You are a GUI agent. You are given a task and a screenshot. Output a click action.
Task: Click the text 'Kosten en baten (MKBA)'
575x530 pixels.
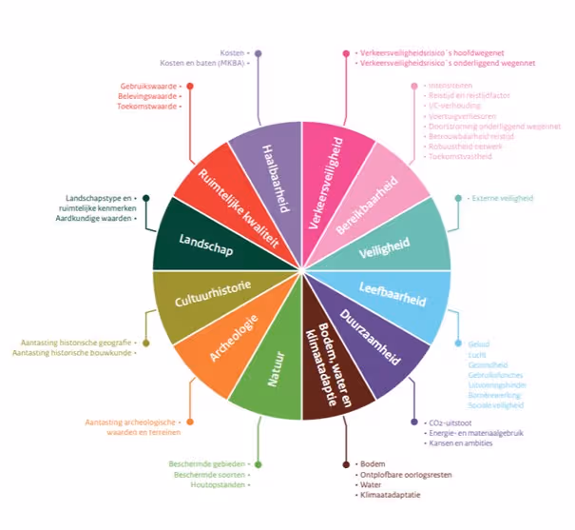202,64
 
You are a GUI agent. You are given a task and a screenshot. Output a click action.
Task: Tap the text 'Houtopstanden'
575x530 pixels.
220,484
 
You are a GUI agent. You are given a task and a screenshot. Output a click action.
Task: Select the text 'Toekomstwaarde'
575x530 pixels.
151,107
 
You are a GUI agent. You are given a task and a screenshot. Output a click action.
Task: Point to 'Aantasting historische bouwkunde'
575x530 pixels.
72,353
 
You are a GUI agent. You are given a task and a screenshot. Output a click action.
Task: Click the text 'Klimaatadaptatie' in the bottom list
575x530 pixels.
389,496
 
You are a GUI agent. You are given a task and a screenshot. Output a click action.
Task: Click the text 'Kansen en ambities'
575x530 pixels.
460,443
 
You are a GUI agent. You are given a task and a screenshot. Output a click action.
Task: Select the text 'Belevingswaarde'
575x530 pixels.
152,96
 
